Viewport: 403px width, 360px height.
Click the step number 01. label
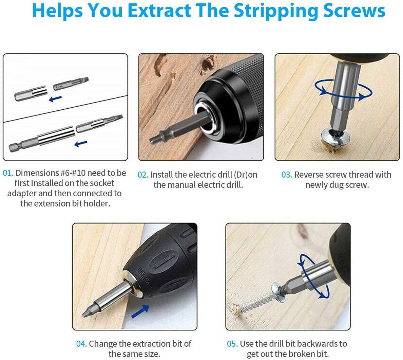click(x=8, y=173)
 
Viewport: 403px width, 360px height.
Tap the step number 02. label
click(x=143, y=175)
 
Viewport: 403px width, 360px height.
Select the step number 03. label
click(x=287, y=175)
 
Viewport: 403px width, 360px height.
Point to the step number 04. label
click(x=81, y=344)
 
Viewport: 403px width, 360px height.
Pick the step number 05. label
click(x=232, y=344)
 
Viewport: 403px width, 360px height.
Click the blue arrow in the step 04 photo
click(x=140, y=311)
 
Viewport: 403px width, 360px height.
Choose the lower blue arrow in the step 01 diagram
click(x=81, y=144)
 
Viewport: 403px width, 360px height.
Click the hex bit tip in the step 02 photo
click(x=154, y=139)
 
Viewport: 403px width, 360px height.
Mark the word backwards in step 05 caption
click(x=312, y=344)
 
